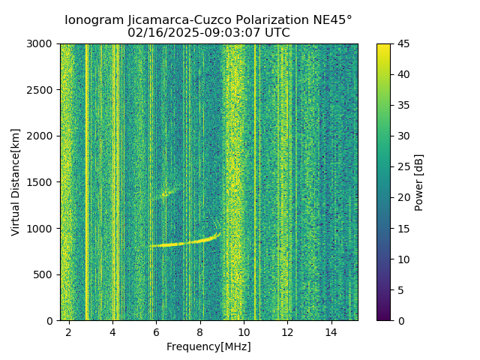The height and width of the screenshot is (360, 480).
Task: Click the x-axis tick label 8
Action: pyautogui.click(x=199, y=331)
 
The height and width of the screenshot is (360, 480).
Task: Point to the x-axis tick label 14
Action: pyautogui.click(x=331, y=331)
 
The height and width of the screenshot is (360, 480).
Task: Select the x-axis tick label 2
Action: pyautogui.click(x=68, y=331)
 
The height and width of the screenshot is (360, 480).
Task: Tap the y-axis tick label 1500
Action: pyautogui.click(x=42, y=182)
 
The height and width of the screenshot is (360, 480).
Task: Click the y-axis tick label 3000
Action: pyautogui.click(x=42, y=44)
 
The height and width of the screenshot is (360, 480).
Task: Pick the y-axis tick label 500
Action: pyautogui.click(x=45, y=274)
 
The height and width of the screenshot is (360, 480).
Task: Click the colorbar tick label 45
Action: pyautogui.click(x=403, y=44)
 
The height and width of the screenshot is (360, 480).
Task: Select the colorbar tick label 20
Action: pyautogui.click(x=403, y=198)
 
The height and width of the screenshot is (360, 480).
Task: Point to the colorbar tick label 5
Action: pyautogui.click(x=401, y=290)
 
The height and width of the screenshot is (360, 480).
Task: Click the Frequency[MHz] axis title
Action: pyautogui.click(x=208, y=346)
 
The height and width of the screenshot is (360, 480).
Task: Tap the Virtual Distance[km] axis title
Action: pyautogui.click(x=16, y=182)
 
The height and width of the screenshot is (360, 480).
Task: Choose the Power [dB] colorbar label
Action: pyautogui.click(x=419, y=182)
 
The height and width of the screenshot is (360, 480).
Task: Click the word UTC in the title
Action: pyautogui.click(x=275, y=33)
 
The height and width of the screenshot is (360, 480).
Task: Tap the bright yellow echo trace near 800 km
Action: pyautogui.click(x=184, y=243)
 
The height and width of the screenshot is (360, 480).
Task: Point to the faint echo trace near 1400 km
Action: pyautogui.click(x=167, y=193)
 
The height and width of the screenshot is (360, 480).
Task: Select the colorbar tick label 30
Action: pyautogui.click(x=403, y=136)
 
